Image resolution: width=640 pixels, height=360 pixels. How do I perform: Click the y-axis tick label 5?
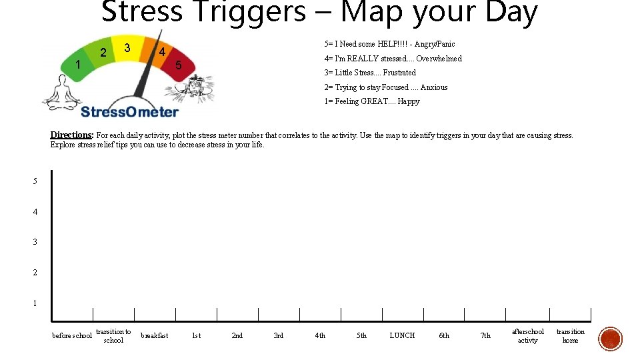(x=35, y=181)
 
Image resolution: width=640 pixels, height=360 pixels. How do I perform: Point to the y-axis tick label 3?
(x=35, y=242)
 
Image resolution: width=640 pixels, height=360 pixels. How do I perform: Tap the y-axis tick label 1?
(x=35, y=303)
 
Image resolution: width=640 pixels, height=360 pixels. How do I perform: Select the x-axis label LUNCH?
(x=402, y=335)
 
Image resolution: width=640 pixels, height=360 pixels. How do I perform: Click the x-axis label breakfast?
(x=155, y=335)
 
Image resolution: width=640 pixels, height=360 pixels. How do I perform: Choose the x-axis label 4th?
(x=320, y=335)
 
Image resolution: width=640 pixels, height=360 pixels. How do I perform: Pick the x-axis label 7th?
(x=485, y=335)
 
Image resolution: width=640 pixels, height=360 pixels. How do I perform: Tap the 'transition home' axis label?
(x=570, y=335)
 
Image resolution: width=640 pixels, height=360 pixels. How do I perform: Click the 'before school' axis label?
(x=72, y=335)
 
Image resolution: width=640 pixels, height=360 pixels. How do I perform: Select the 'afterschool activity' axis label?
(x=527, y=335)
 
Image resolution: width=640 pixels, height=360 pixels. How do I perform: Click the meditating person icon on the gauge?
(x=61, y=93)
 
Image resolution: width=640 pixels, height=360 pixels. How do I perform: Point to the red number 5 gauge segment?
(x=178, y=66)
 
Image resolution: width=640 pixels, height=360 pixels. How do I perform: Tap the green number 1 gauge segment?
(x=79, y=65)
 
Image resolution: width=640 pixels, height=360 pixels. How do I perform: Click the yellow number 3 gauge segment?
(x=127, y=47)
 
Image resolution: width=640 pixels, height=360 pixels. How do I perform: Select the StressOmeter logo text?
(x=129, y=111)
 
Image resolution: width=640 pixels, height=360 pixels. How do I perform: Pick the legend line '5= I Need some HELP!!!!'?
(x=389, y=44)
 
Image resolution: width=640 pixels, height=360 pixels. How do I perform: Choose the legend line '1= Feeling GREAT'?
(x=372, y=101)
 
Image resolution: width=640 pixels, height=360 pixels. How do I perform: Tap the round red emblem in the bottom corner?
(x=610, y=339)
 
